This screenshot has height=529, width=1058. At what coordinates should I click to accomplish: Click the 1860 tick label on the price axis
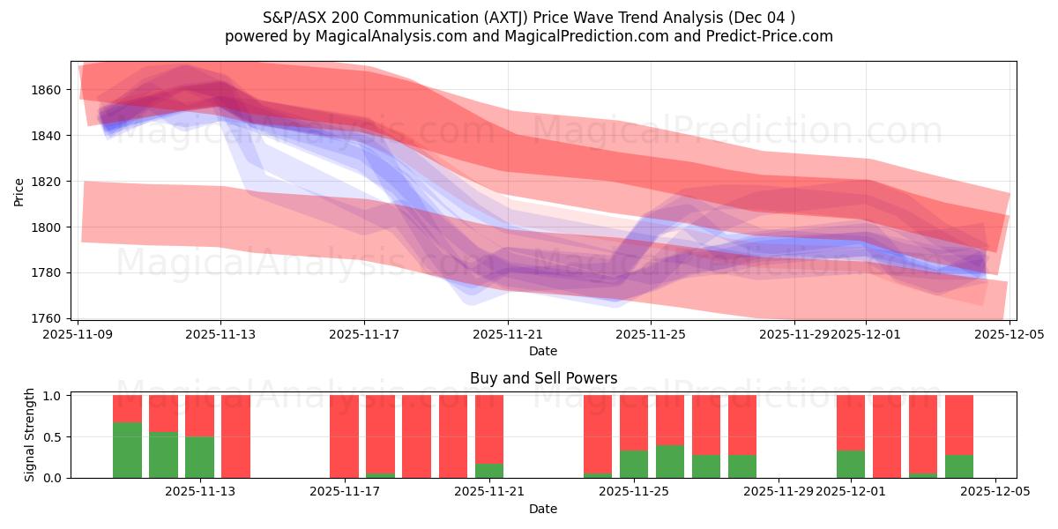coord(48,90)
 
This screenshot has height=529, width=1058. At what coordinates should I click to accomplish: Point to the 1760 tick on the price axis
coord(48,318)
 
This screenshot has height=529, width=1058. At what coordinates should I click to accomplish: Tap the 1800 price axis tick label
coord(48,227)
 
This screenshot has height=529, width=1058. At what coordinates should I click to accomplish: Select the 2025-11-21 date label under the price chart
coord(508,334)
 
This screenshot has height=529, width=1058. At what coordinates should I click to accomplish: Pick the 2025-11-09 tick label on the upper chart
coord(78,334)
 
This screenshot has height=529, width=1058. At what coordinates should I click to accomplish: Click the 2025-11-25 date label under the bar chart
coord(634,492)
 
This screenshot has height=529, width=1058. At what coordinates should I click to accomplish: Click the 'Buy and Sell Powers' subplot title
coord(543,379)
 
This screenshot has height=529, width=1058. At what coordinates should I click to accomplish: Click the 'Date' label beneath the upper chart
coord(543,351)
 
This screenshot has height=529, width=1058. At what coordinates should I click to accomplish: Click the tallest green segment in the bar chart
coord(127,450)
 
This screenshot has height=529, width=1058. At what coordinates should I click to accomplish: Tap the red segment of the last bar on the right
coord(959,424)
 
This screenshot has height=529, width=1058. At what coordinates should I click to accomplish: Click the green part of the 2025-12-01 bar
coord(851,464)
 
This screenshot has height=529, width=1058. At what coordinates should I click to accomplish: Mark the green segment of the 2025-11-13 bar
coord(199,457)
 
